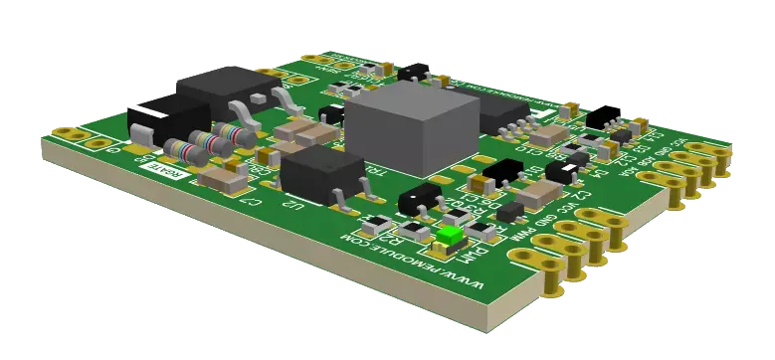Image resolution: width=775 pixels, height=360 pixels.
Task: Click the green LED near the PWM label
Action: tap(450, 236)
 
